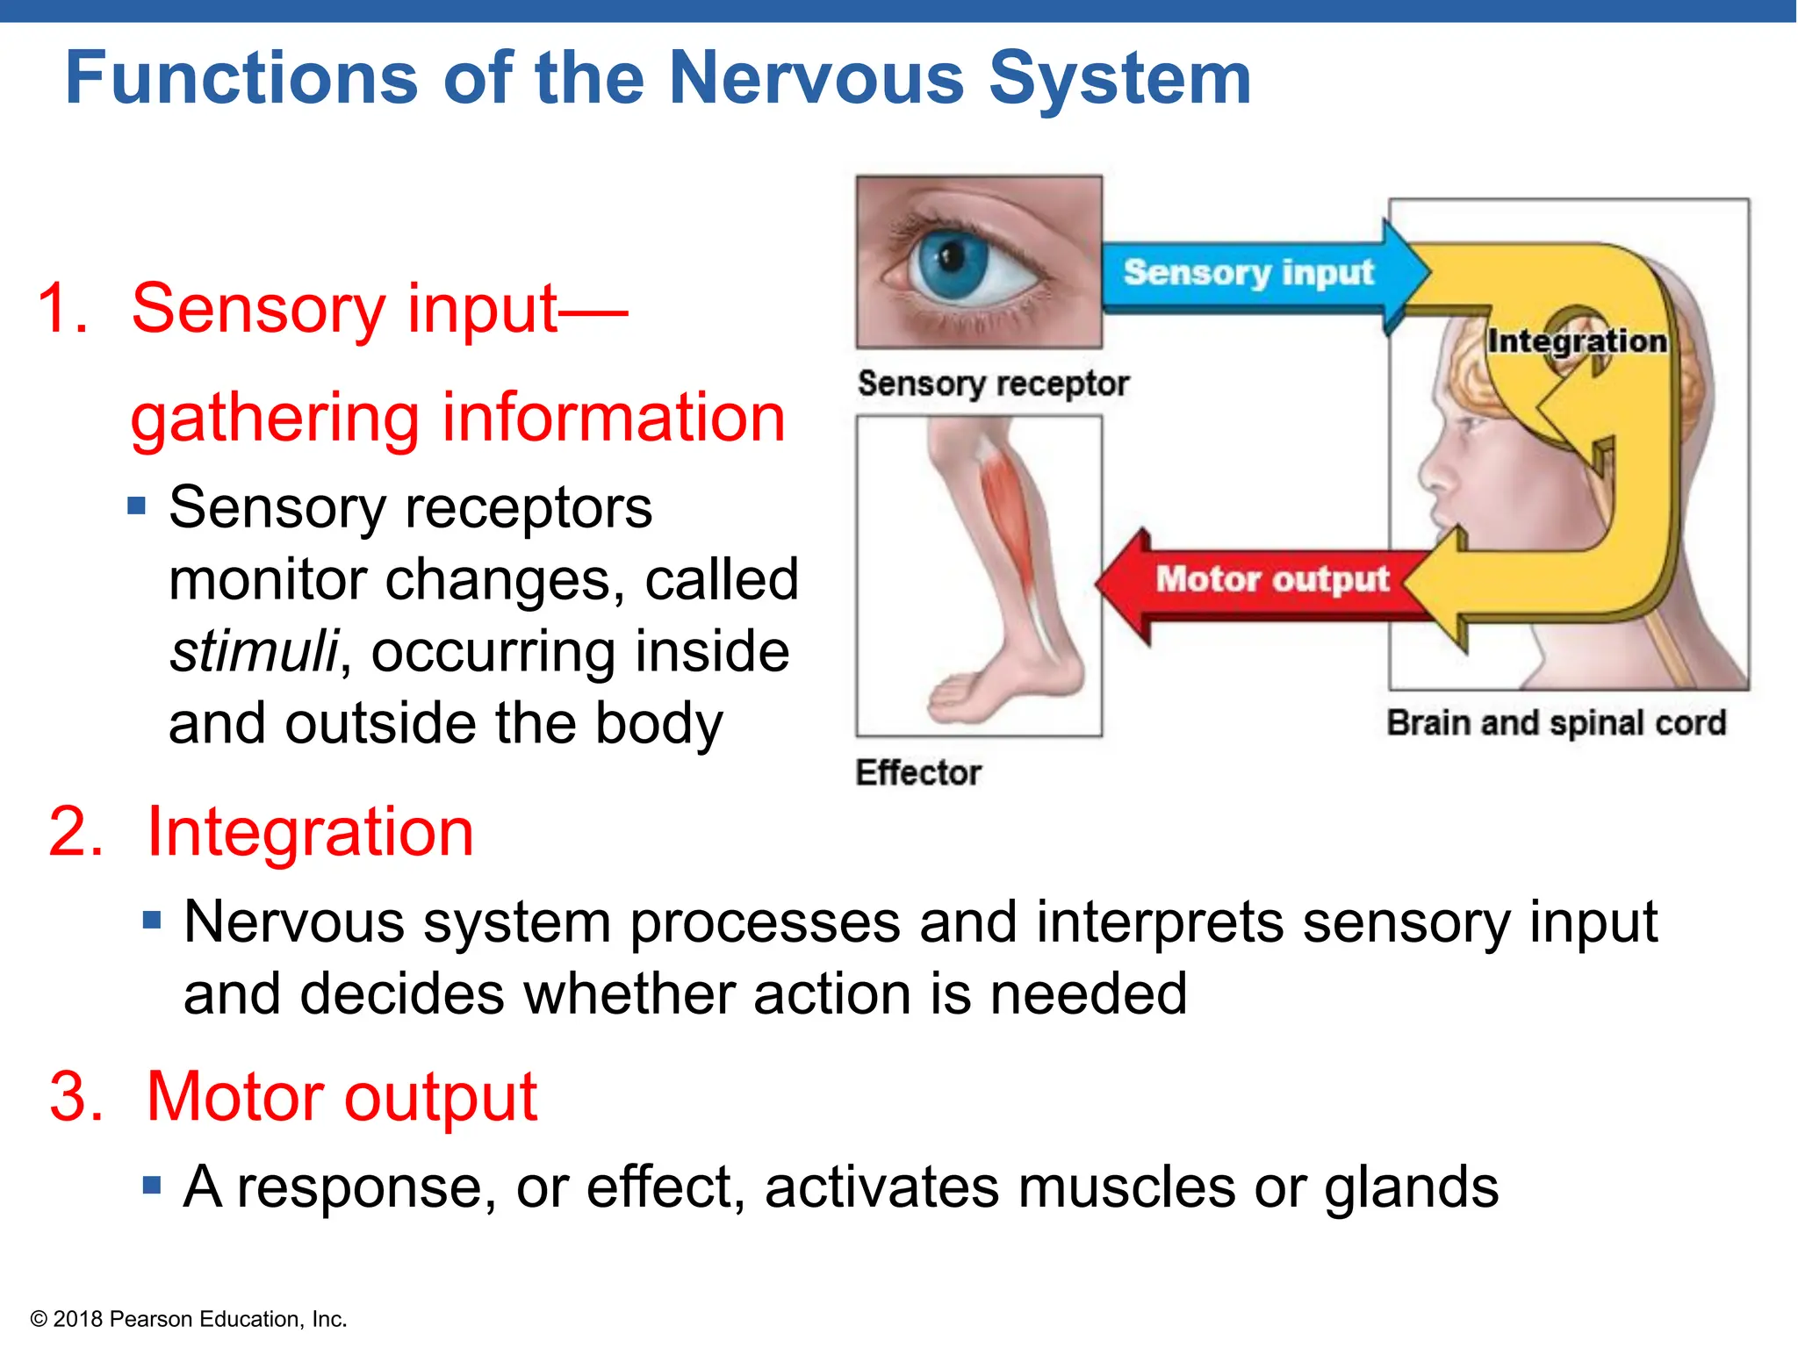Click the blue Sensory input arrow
point(1247,274)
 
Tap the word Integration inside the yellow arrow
point(1577,341)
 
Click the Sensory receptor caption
point(992,384)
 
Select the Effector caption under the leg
point(918,772)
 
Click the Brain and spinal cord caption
point(1556,723)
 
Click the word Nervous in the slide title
point(816,79)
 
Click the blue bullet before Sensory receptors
point(136,506)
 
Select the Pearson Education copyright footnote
point(189,1319)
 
